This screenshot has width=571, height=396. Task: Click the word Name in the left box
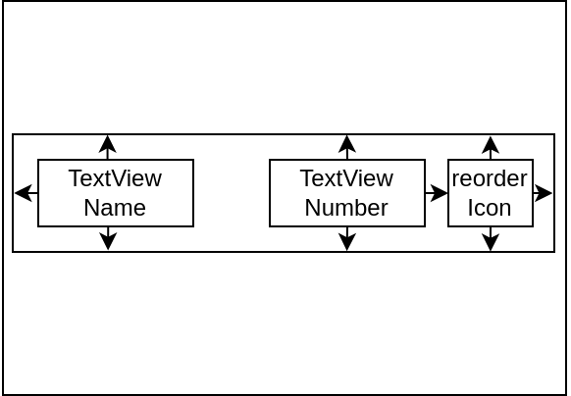(115, 208)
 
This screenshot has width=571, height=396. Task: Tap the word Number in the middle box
(346, 208)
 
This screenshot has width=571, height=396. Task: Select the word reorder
(490, 178)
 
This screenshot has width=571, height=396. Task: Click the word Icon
(489, 208)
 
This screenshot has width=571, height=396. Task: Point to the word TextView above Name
(115, 178)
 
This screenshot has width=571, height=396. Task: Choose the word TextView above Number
(346, 178)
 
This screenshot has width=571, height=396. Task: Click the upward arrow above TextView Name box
(108, 147)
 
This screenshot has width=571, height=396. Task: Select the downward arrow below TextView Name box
(108, 238)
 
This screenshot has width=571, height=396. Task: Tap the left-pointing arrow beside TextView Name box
(26, 193)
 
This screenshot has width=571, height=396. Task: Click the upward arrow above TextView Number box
(347, 147)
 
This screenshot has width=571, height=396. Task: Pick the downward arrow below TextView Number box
(347, 238)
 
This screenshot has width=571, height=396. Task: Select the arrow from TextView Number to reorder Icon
(437, 193)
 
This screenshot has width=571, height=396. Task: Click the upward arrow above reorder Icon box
(491, 147)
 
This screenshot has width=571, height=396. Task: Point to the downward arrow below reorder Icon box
(491, 238)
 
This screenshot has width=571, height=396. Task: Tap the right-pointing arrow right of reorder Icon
(543, 193)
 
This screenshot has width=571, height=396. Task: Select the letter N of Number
(312, 208)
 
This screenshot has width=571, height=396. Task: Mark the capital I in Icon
(470, 208)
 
